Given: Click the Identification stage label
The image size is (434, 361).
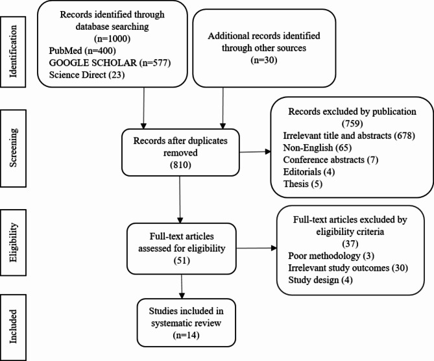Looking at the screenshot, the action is click(x=13, y=51).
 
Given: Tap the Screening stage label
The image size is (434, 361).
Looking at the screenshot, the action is click(x=13, y=147).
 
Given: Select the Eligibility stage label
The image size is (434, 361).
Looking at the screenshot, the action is click(x=13, y=242).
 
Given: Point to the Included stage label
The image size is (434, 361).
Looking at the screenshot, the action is click(x=13, y=327).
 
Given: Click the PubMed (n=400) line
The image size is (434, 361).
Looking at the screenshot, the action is click(x=82, y=51).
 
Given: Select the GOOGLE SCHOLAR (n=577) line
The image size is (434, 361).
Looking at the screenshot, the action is click(x=110, y=63).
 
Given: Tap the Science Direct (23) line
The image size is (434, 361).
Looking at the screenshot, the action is click(x=87, y=75).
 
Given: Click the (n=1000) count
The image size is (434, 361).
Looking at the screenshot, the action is click(x=112, y=38).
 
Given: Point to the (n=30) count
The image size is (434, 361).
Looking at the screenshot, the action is click(x=264, y=60).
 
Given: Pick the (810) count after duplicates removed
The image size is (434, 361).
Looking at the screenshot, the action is click(x=180, y=165).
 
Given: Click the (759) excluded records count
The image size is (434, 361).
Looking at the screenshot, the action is click(x=352, y=123).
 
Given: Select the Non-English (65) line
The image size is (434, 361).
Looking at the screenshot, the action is click(x=317, y=147).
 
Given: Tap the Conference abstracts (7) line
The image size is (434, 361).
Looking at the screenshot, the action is click(x=330, y=160).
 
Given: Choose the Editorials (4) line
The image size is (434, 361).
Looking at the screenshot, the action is click(x=309, y=172).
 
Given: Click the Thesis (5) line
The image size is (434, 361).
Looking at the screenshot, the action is click(x=303, y=184).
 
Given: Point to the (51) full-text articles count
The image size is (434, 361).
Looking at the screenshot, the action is click(x=182, y=260).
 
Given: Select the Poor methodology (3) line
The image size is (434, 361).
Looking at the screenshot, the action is click(x=331, y=256).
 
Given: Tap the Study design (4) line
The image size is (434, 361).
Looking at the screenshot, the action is click(x=320, y=280).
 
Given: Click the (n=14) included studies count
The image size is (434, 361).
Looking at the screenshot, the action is click(x=186, y=335).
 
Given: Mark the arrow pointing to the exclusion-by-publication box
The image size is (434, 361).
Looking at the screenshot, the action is click(x=255, y=152).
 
